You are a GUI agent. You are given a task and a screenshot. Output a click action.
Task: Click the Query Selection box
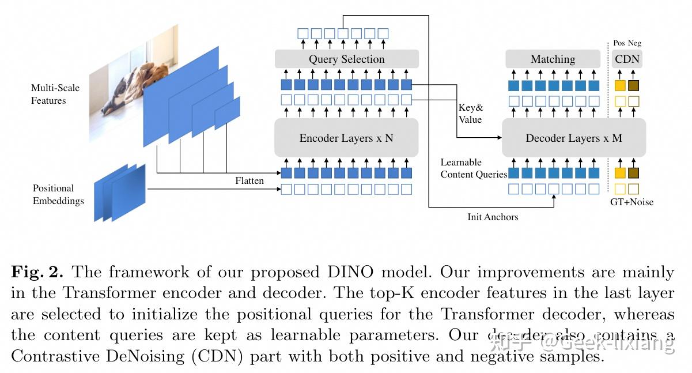tap(346, 59)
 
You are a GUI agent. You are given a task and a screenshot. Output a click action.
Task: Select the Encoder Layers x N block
tap(346, 138)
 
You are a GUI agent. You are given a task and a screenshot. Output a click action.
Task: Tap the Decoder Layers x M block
tap(574, 138)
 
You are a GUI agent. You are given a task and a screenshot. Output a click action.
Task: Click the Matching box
tap(553, 59)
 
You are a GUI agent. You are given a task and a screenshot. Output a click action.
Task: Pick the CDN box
tap(627, 59)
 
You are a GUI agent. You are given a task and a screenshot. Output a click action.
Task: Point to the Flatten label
tap(249, 180)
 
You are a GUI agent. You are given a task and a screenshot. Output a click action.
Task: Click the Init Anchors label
tap(493, 217)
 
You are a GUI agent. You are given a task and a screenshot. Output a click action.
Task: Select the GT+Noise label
tap(632, 202)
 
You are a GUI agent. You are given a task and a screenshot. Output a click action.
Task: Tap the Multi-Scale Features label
tap(55, 94)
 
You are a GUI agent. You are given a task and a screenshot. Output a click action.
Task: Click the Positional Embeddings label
tap(58, 194)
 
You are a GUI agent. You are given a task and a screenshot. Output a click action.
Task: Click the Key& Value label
tap(470, 114)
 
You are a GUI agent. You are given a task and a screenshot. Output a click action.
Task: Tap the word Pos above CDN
tap(619, 43)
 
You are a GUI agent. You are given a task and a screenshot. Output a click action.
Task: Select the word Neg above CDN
tap(634, 43)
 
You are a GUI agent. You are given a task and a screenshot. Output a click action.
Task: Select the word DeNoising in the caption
tap(143, 356)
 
